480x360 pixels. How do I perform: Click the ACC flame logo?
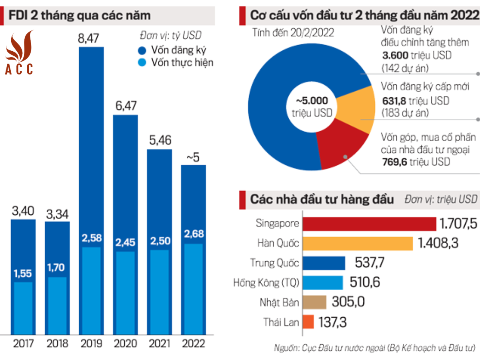[x=19, y=52]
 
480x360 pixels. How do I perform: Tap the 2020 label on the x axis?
[x=125, y=343]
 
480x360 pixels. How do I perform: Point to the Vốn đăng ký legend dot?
[x=143, y=50]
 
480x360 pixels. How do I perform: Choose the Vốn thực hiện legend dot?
[x=143, y=62]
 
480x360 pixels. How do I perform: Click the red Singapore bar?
[x=369, y=224]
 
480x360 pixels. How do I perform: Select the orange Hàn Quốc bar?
[x=357, y=243]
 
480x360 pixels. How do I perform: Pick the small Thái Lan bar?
[x=308, y=322]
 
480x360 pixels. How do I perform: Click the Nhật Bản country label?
[x=279, y=302]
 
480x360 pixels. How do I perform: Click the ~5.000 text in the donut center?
[x=312, y=101]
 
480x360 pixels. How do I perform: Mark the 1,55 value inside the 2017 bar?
[x=23, y=274]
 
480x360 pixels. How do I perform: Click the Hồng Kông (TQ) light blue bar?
[x=322, y=282]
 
